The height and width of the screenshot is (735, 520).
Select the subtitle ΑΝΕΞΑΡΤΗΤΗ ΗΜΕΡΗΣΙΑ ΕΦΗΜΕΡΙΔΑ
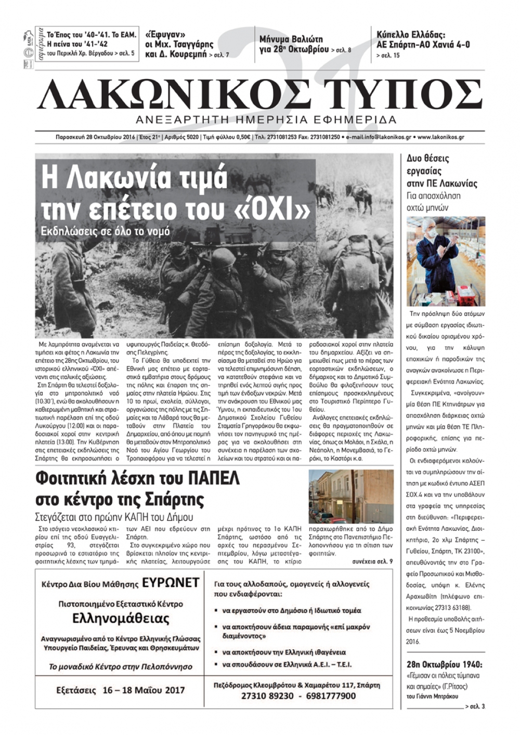266,120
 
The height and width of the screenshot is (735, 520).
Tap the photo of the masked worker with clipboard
446,261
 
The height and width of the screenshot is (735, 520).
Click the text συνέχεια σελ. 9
372,561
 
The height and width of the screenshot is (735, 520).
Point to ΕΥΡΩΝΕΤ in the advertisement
171,583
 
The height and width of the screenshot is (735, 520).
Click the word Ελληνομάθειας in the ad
121,619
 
